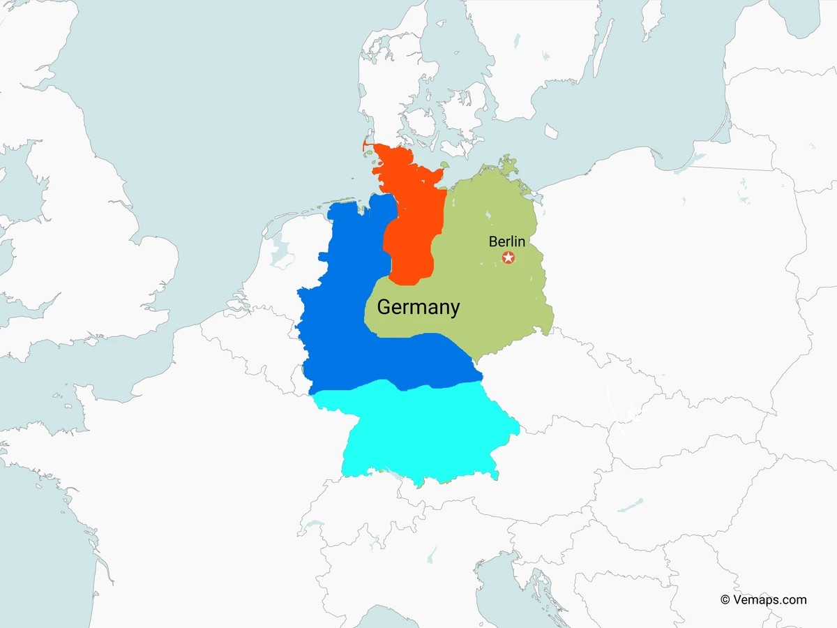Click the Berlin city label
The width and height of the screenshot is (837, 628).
[507, 241]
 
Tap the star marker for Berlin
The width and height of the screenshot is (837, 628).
[508, 258]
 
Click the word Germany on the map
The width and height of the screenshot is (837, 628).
[418, 307]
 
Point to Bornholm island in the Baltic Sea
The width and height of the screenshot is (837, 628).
[551, 131]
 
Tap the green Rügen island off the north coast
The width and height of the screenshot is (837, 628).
[508, 166]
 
